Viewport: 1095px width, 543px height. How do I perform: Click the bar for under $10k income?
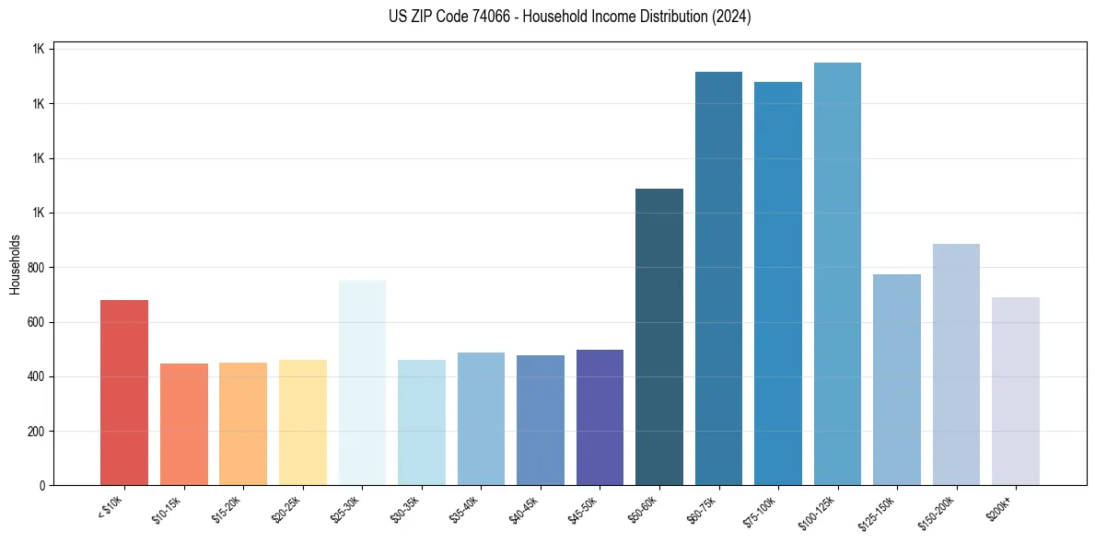click(x=124, y=393)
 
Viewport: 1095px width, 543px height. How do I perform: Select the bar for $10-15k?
click(x=184, y=424)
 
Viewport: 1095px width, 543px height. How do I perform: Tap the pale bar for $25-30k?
click(x=362, y=383)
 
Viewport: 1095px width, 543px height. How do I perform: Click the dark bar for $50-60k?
click(x=659, y=337)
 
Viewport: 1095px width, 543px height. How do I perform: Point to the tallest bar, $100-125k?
click(x=837, y=273)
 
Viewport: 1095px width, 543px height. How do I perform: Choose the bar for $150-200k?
click(x=956, y=364)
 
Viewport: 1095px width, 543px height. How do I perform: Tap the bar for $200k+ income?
click(x=1016, y=391)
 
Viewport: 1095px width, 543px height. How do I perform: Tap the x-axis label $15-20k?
click(x=227, y=510)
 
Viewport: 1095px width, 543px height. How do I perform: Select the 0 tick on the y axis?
click(x=41, y=486)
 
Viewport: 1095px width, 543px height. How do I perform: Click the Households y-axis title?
click(x=15, y=264)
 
